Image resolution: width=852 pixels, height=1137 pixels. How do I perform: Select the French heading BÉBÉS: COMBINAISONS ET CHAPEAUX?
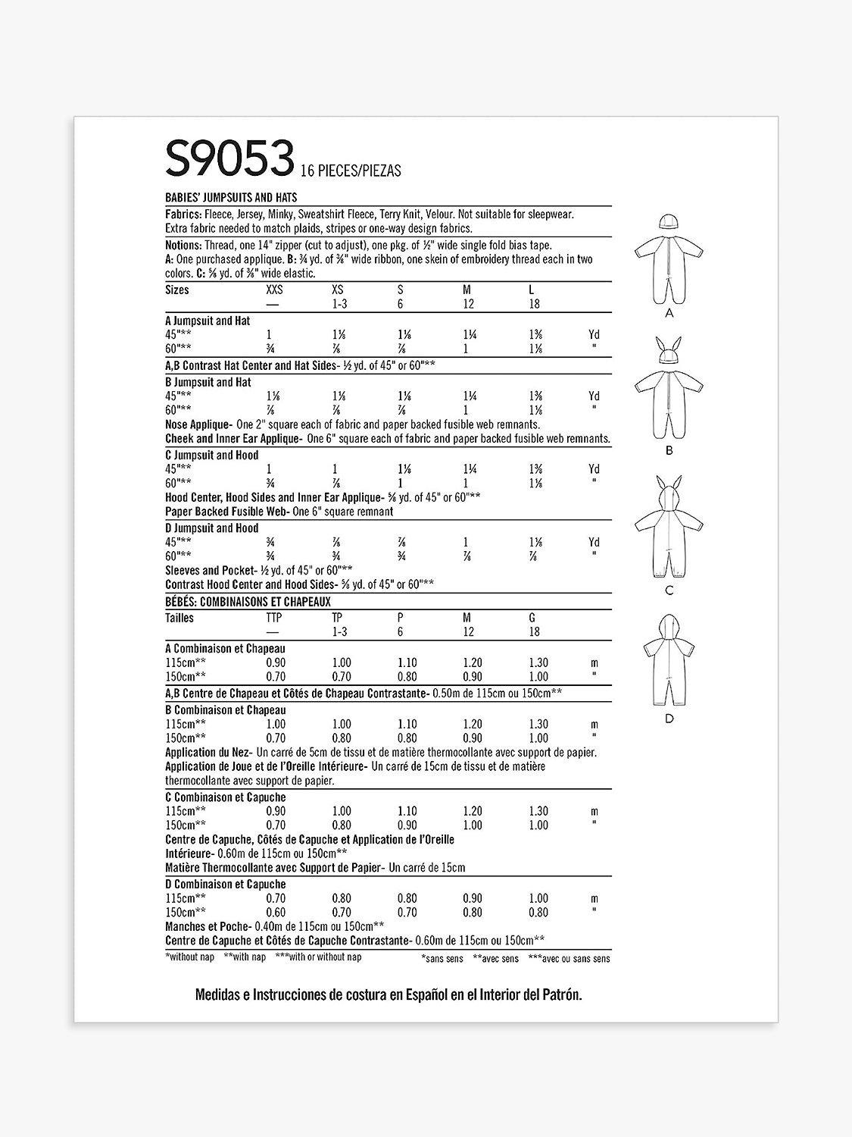pos(248,601)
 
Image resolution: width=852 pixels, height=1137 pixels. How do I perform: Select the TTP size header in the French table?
pos(274,618)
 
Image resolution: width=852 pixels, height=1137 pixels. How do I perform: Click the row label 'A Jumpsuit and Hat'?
pos(208,321)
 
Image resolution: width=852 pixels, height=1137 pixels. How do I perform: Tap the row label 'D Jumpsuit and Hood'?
pos(211,528)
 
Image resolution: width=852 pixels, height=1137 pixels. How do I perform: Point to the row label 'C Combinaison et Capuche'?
pos(225,797)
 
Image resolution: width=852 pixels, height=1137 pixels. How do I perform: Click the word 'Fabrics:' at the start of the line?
pos(184,215)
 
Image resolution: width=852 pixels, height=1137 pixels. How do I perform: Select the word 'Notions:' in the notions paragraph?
pos(185,246)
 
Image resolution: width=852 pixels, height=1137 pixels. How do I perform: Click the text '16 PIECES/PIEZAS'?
pos(350,171)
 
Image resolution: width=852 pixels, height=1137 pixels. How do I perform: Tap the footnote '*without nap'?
pos(189,957)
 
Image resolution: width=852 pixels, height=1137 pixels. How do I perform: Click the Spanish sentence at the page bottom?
pos(389,995)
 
